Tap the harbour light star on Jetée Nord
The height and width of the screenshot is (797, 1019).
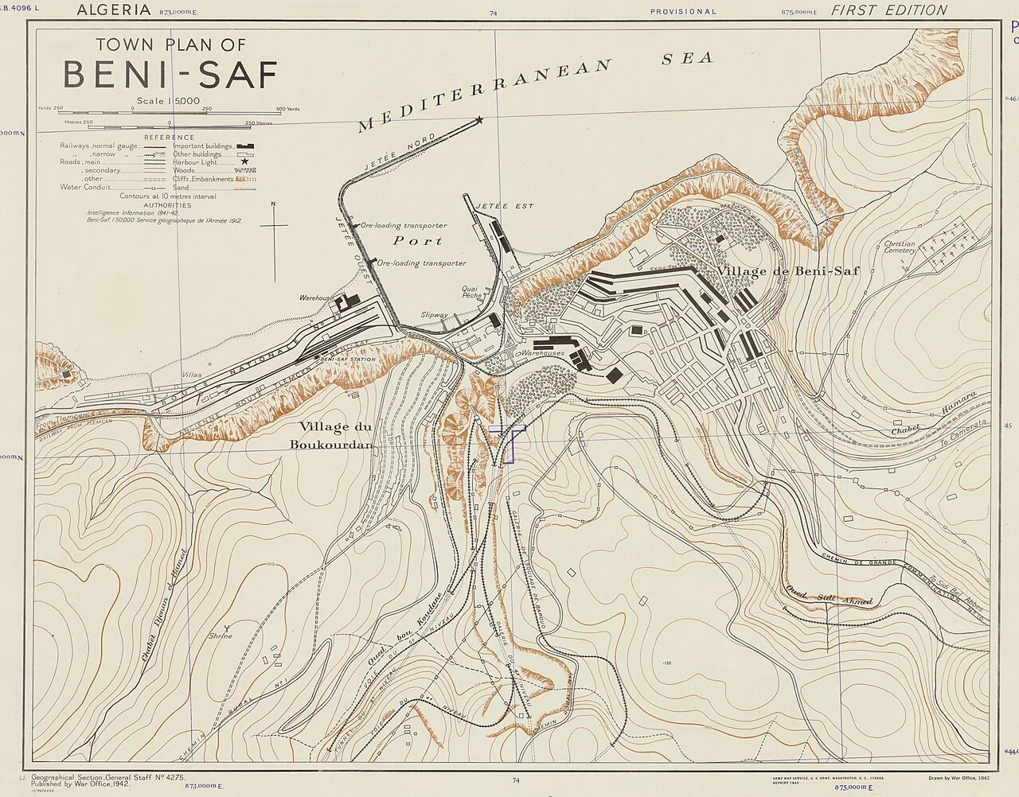pos(479,120)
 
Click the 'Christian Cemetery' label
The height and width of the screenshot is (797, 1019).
pos(900,247)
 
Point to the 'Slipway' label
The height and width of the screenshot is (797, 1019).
pos(435,314)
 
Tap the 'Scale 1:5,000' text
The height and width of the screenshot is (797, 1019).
pos(168,101)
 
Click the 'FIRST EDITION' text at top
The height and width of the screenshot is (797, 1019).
pos(889,10)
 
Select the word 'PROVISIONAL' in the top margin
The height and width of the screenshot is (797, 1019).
pos(683,12)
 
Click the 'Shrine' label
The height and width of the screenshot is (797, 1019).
pos(221,636)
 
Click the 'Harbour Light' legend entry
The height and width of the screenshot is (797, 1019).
pos(197,162)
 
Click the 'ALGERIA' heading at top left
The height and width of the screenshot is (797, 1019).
pos(113,10)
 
